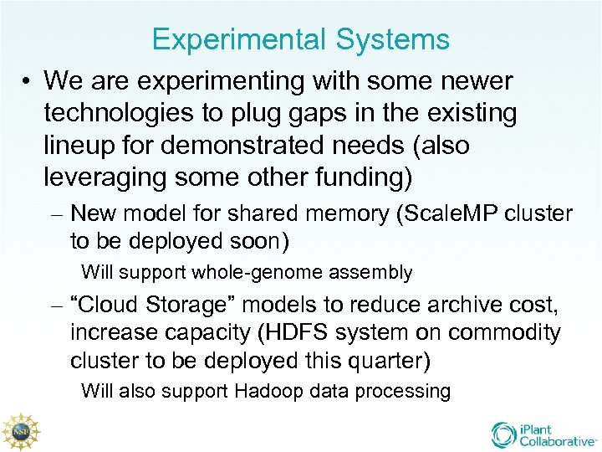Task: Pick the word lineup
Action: tap(83, 146)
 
